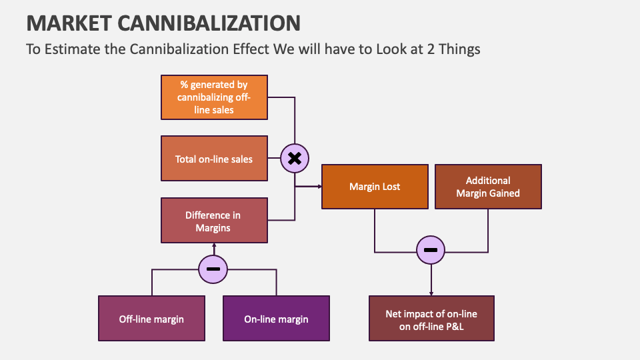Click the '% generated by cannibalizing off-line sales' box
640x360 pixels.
214,97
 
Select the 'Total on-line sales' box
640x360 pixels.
214,159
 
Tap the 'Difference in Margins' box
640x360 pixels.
214,221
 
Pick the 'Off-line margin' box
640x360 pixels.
151,319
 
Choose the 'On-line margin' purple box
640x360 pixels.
276,319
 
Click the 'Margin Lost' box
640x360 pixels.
375,187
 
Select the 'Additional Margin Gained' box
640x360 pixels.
488,187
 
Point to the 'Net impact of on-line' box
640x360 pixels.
431,319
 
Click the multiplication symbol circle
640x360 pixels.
294,159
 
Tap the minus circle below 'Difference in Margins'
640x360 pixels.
213,269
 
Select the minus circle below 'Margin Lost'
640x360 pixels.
431,251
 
